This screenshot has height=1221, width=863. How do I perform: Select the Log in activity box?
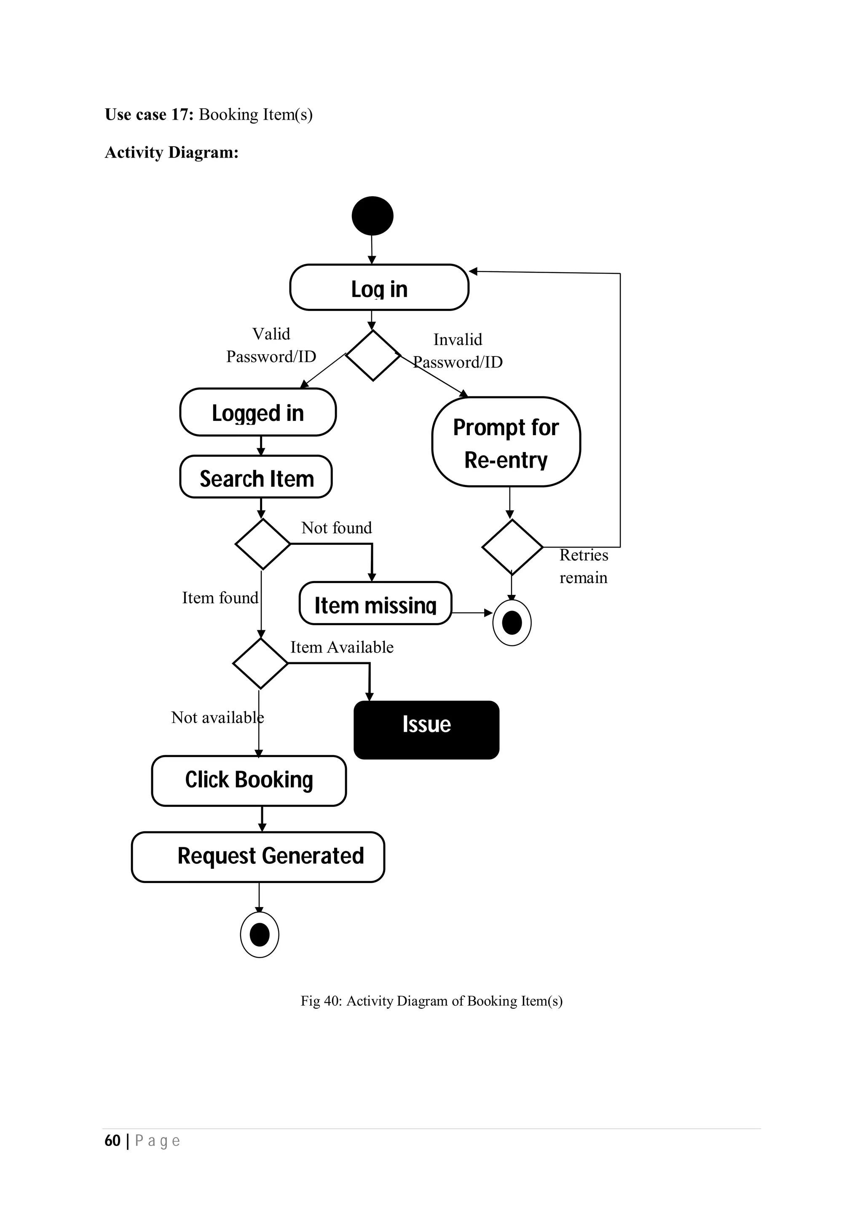[x=379, y=288]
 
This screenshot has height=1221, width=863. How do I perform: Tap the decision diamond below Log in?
[x=373, y=355]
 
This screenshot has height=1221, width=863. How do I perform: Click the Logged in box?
[x=258, y=412]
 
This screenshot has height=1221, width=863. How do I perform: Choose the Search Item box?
[x=256, y=477]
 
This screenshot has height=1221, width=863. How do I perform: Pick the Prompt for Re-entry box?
[x=506, y=442]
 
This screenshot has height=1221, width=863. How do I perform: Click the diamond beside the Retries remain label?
[x=512, y=547]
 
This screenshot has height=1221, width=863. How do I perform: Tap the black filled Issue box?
[x=426, y=730]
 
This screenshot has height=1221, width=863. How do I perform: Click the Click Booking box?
[x=249, y=781]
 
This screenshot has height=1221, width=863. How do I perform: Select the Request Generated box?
[x=258, y=857]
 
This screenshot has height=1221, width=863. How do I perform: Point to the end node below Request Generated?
[x=260, y=934]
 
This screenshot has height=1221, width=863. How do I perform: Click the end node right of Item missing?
[x=512, y=623]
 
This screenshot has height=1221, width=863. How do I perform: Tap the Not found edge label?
[x=337, y=528]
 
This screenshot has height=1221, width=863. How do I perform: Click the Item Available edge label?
[x=342, y=647]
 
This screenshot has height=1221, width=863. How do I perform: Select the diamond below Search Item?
[x=263, y=544]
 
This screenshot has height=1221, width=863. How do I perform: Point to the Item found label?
[x=220, y=598]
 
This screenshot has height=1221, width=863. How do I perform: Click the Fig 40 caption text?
[x=431, y=1001]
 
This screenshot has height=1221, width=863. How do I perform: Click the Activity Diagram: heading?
[x=171, y=153]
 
